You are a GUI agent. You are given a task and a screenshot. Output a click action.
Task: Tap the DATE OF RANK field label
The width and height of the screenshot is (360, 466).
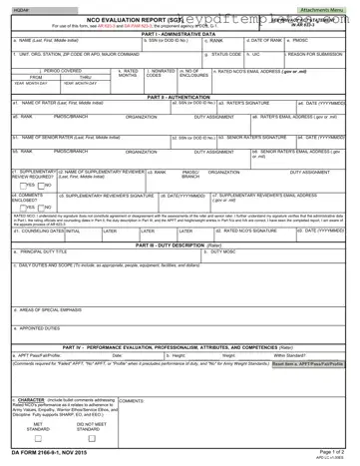tap(263, 40)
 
